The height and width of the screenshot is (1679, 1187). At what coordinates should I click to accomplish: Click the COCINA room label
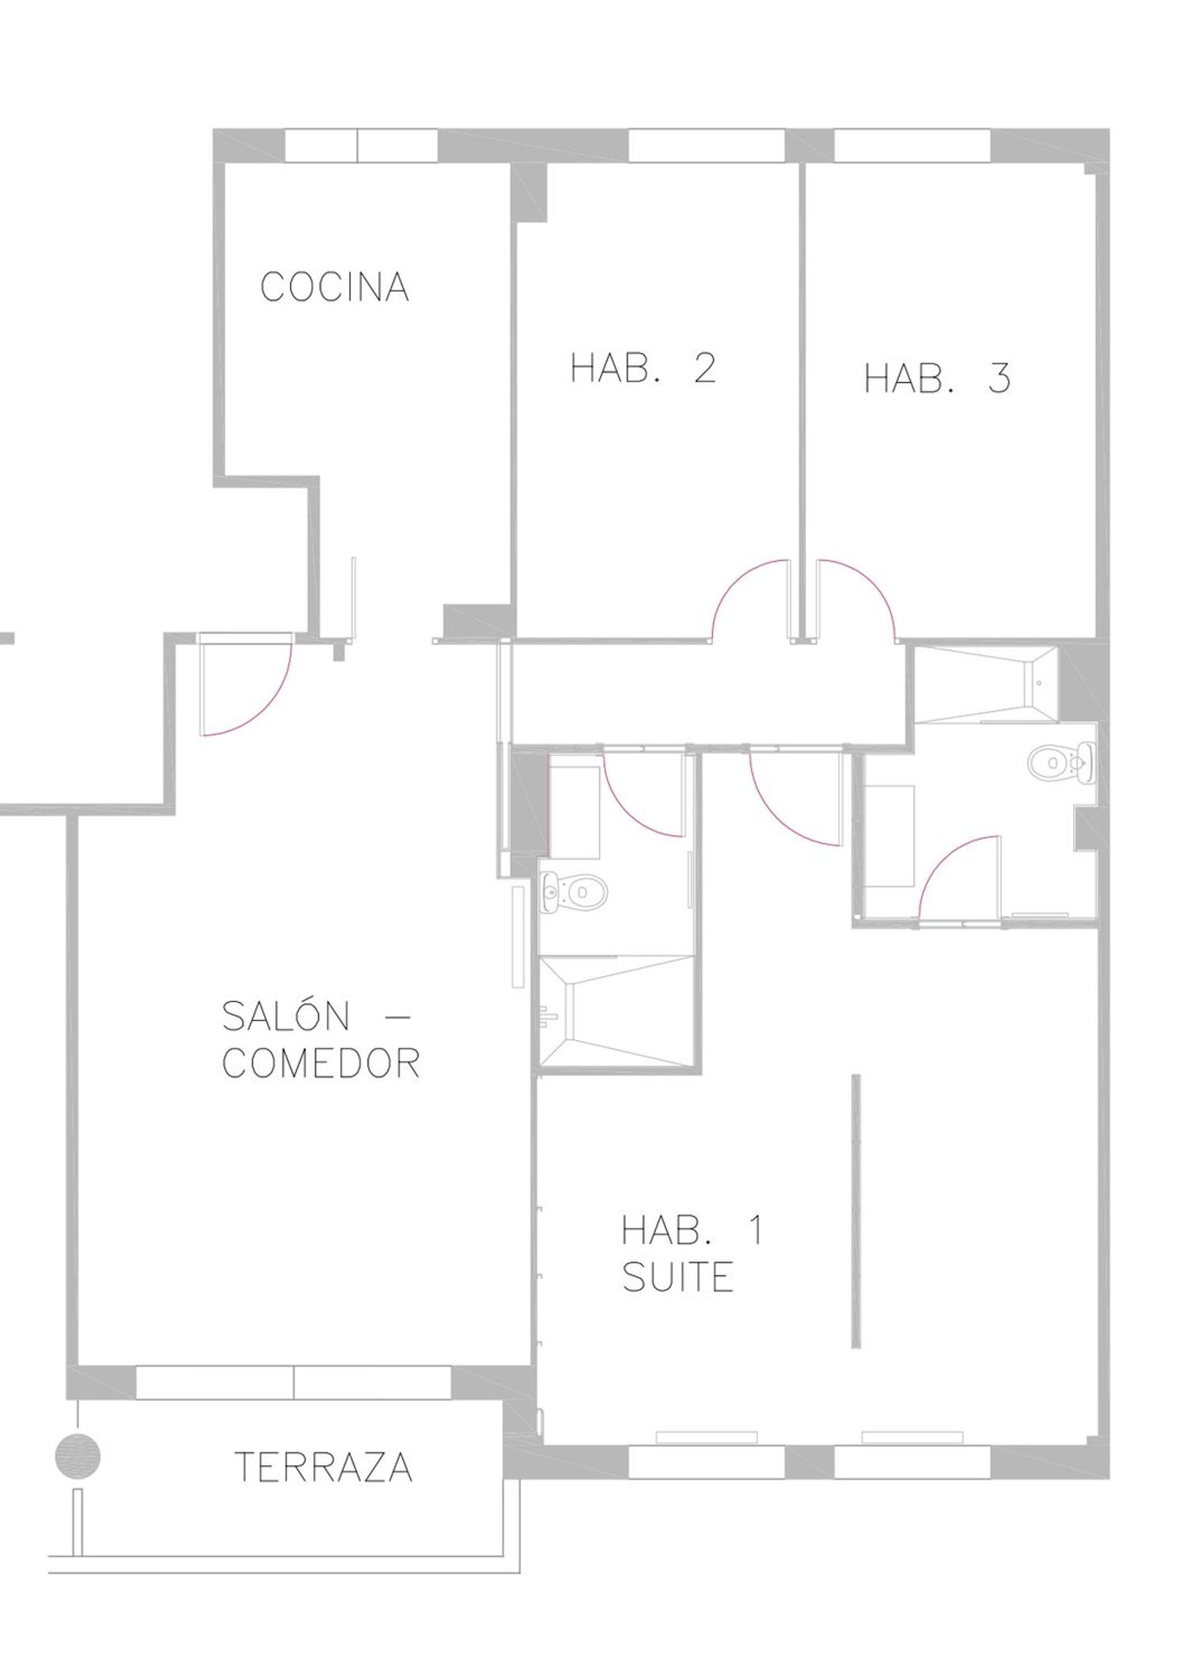(335, 287)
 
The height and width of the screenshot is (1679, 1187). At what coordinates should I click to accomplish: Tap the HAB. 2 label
(643, 368)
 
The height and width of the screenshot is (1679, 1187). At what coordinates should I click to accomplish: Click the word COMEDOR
(320, 1063)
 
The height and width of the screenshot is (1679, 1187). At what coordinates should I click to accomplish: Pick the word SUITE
(677, 1277)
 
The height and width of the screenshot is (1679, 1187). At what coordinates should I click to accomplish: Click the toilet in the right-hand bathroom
(1061, 762)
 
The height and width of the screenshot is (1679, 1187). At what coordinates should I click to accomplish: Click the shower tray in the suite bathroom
(616, 1012)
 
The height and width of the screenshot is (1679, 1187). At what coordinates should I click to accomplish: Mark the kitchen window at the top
(361, 145)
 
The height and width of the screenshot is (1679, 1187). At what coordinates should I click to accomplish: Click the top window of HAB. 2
(707, 145)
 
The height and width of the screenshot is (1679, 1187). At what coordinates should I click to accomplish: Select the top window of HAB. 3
(912, 145)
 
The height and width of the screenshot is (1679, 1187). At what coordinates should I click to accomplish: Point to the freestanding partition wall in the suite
(856, 1211)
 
